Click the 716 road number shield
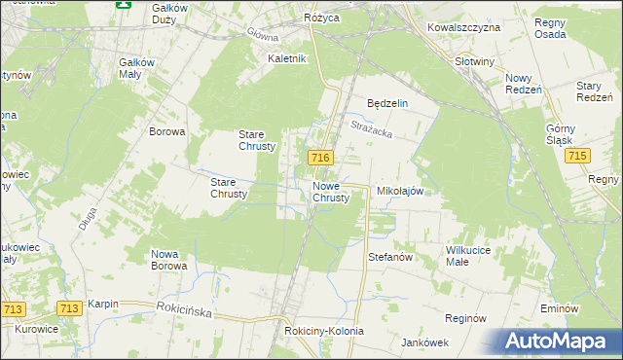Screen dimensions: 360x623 point(321,157)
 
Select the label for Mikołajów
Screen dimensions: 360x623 point(399,192)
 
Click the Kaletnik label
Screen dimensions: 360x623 point(287,58)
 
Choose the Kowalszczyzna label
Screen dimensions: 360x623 point(463,27)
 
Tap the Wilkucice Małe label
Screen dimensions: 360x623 point(470,256)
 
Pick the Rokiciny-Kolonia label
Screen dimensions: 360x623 point(324,331)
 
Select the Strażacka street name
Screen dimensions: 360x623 point(369,126)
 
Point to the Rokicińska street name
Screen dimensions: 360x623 point(186,309)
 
